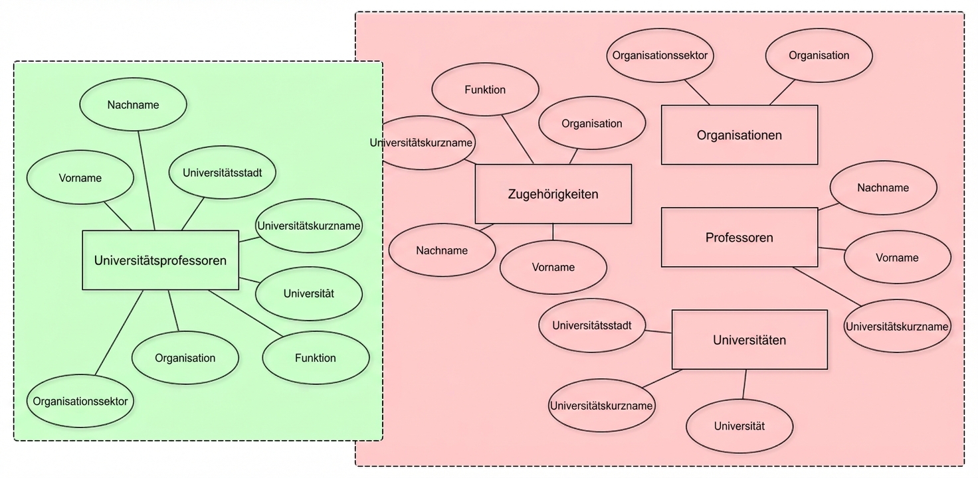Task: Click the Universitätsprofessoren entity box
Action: [160, 260]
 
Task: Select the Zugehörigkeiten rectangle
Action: [553, 194]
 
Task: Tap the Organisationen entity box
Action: [739, 135]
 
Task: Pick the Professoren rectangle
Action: [739, 237]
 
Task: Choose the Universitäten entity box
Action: [749, 340]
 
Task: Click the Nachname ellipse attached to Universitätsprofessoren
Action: [133, 104]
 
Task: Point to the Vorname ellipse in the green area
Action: [80, 178]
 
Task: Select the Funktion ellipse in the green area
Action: [316, 358]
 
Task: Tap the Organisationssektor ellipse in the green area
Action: [80, 401]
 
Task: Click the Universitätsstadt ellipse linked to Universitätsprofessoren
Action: [222, 173]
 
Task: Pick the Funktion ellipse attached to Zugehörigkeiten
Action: [485, 90]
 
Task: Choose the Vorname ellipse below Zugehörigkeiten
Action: [553, 267]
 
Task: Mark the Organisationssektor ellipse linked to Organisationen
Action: [660, 56]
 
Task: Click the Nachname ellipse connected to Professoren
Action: [883, 187]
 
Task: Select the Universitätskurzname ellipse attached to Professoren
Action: [897, 326]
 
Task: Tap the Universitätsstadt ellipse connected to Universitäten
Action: [591, 325]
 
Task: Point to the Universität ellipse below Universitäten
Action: [739, 426]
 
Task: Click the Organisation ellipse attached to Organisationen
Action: [819, 56]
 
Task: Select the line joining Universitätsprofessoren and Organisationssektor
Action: [120, 332]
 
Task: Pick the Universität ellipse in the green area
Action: [308, 293]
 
